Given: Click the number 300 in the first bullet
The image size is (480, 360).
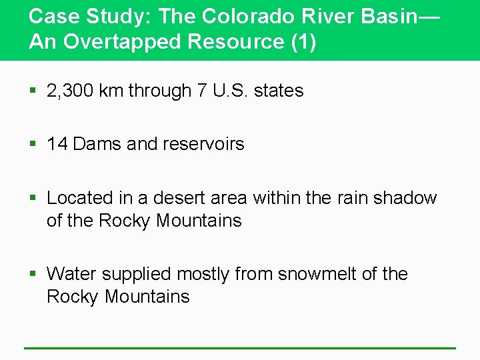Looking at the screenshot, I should click(x=79, y=91).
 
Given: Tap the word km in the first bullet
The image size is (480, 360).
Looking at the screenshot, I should click(x=111, y=91).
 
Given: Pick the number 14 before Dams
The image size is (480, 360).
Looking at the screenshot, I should click(x=57, y=144).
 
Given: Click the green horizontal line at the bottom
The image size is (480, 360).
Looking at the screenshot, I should click(x=240, y=347).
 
